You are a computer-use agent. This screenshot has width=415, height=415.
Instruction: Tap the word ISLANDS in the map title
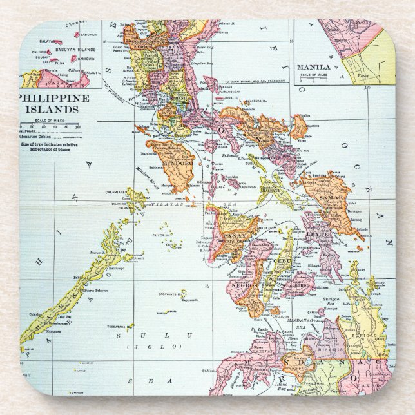tap(53, 109)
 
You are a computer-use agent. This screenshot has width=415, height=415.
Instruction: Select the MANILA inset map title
tap(314, 67)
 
